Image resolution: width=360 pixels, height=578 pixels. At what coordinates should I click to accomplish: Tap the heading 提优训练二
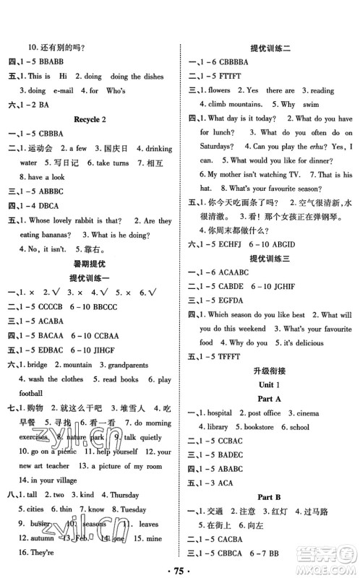(270, 46)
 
